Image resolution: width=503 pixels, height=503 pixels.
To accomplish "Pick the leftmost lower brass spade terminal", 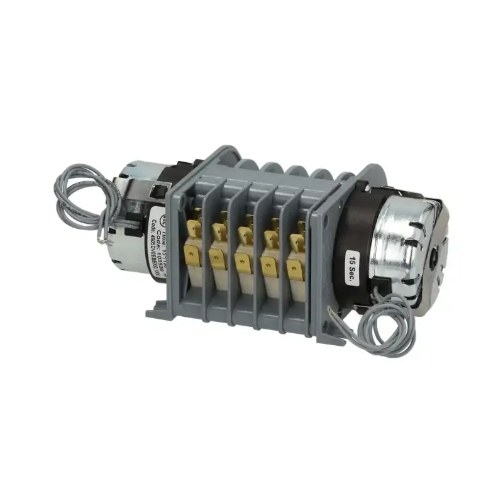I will coord(191,256).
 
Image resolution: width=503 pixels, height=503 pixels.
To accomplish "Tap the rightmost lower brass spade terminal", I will coord(294,270).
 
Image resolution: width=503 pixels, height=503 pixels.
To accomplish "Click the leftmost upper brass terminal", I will coord(195,228).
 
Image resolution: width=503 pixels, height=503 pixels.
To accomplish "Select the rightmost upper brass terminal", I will coord(296,242).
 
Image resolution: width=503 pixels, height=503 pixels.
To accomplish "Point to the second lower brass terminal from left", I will coord(217,259).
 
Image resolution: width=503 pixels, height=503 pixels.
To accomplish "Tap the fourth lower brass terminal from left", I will coord(270,267).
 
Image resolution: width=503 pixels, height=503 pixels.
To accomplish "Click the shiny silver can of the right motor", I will coord(402,239).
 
